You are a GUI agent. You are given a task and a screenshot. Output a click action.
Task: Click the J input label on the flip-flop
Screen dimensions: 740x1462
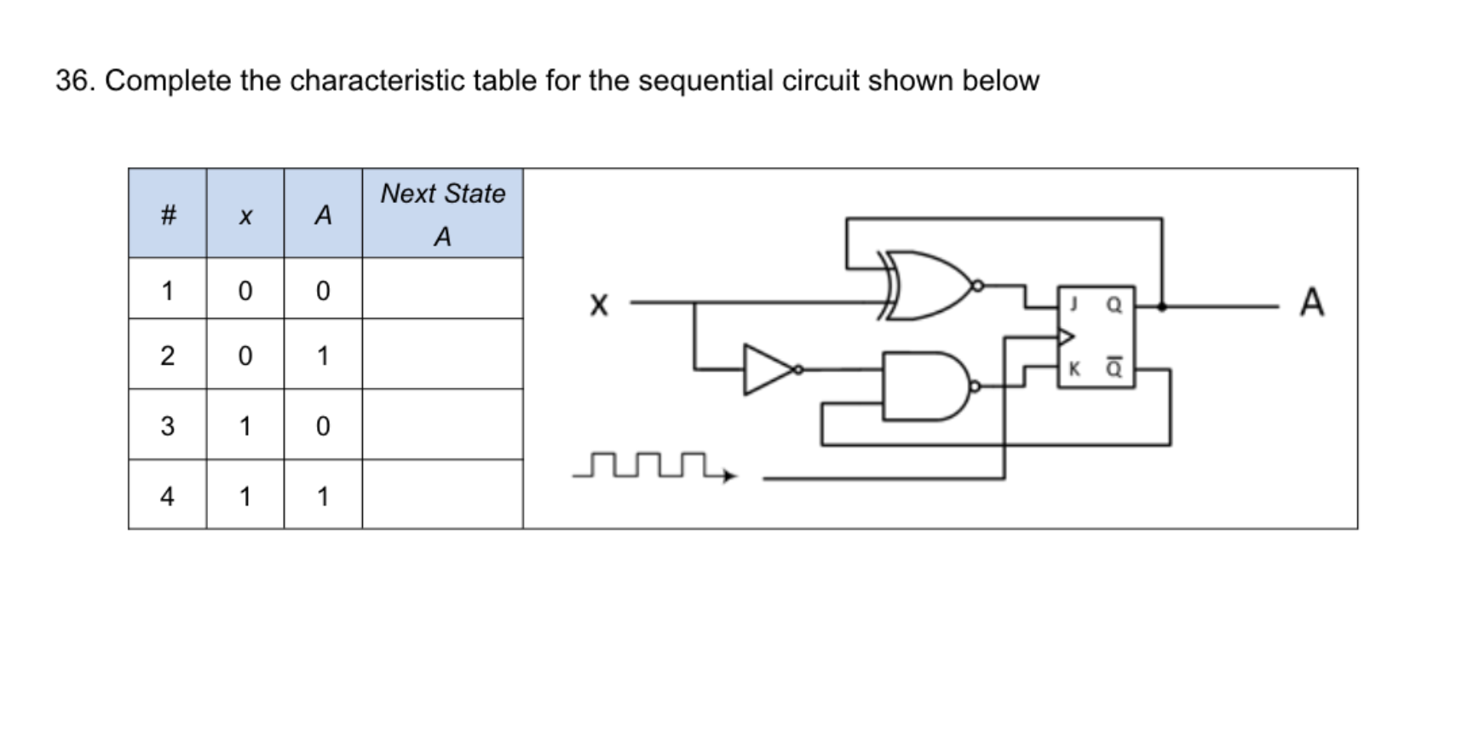pos(1074,303)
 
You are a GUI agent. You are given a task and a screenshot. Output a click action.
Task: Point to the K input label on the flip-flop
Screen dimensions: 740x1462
pos(1074,368)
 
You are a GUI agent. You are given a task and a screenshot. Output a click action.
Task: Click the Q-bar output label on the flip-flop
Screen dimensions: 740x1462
pos(1114,367)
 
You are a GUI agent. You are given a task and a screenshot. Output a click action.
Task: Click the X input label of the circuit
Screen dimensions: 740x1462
pos(599,304)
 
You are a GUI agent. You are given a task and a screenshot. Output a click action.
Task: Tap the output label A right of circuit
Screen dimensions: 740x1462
pos(1311,303)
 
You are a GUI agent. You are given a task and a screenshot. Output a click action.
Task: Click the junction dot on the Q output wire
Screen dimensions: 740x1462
pos(1161,305)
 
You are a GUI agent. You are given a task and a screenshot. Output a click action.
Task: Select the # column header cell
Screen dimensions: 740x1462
pos(168,214)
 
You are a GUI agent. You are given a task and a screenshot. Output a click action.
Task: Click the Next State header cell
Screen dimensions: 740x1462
pos(442,214)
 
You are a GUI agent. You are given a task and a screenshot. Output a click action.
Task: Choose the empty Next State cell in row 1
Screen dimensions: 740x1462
pos(442,290)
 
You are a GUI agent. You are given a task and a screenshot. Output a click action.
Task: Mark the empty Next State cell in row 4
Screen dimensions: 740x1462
pos(442,495)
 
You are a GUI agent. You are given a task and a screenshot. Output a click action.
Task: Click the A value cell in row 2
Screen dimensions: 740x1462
pos(323,356)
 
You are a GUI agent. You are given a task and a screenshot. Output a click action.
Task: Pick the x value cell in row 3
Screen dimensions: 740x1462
pos(245,425)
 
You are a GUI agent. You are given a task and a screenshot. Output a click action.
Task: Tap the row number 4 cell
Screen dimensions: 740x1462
pos(168,495)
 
